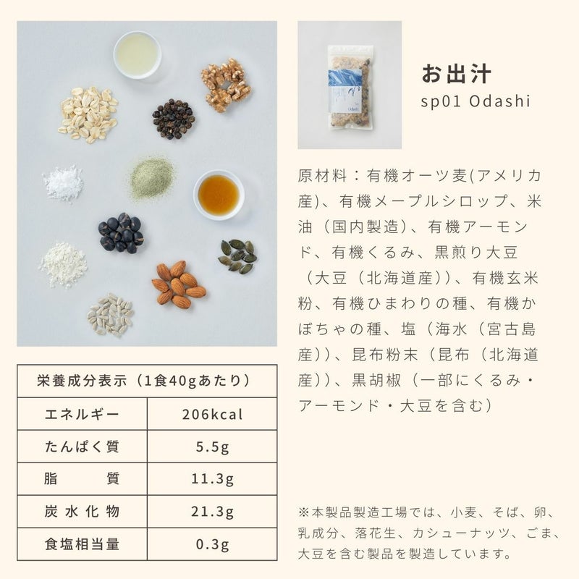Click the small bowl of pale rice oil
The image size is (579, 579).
138,55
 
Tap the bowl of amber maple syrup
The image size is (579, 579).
219,195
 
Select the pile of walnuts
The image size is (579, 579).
226,85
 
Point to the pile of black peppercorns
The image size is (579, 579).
173,119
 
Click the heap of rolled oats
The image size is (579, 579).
88,114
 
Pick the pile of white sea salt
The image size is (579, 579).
63,183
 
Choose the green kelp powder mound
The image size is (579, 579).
152,178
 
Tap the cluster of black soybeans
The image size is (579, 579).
121,232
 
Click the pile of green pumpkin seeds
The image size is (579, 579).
237,256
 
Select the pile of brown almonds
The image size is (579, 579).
178,284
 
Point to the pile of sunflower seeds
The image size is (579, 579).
111,315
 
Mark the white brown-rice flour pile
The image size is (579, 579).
63,264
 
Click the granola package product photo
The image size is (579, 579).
350,85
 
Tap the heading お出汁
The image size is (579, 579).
457,74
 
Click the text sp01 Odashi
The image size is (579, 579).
476,101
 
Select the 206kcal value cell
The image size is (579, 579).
212,414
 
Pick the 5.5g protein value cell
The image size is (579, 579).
212,447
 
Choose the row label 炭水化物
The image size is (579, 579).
82,512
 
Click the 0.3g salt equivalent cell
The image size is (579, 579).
212,544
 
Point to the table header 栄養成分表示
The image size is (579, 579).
82,381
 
